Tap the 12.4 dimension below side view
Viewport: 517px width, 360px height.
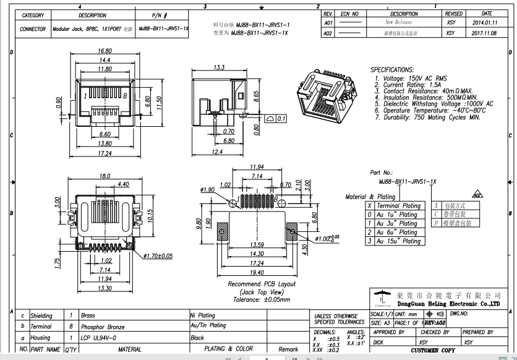(x=216, y=152)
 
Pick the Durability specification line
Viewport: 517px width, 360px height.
(x=427, y=116)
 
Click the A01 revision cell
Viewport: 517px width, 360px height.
(x=328, y=22)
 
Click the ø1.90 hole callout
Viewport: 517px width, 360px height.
(x=207, y=189)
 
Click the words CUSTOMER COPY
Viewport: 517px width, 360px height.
(x=433, y=350)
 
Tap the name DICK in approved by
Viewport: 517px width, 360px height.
(x=378, y=341)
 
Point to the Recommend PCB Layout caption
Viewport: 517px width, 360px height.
(x=261, y=284)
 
